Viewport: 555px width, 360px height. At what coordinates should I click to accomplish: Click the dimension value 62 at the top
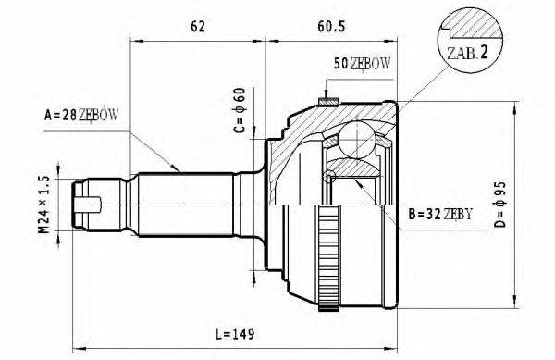[x=197, y=28]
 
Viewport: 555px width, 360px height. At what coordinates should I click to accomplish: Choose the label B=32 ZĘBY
[x=439, y=215]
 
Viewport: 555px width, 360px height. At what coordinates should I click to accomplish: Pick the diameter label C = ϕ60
[x=238, y=111]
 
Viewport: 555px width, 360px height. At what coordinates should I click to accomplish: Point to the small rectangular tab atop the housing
[x=326, y=99]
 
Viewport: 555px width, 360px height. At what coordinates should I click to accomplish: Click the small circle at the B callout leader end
[x=327, y=178]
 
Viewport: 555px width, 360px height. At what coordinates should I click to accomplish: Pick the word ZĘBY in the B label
[x=459, y=215]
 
